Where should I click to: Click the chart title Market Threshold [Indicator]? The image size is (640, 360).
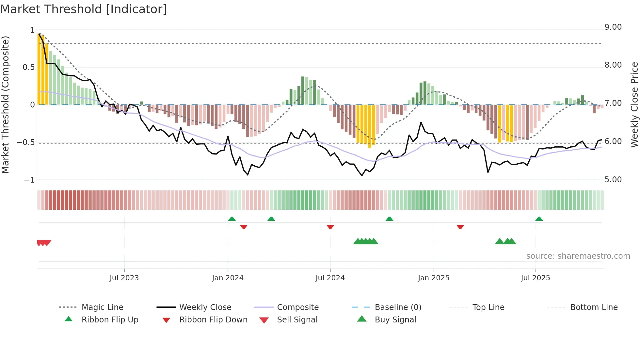(x=84, y=9)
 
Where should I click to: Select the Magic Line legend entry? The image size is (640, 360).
(x=102, y=307)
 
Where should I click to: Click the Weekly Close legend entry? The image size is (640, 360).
(x=205, y=307)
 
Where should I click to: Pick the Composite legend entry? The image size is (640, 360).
(x=297, y=307)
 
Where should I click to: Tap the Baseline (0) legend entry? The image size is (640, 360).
(x=398, y=307)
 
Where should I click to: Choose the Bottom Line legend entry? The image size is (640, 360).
(x=594, y=307)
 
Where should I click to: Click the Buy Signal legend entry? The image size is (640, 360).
(x=395, y=320)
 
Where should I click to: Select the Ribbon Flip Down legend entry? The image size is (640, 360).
(x=213, y=320)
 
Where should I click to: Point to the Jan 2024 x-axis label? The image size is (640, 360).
(x=228, y=278)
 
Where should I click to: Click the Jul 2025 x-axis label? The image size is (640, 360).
(x=535, y=278)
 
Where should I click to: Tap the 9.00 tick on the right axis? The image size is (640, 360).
(x=613, y=27)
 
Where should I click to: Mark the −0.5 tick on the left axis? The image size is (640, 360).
(x=26, y=142)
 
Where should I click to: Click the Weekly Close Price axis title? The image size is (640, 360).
(x=634, y=105)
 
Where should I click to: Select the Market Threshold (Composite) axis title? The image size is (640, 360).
(x=6, y=105)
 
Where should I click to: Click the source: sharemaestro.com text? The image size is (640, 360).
(x=578, y=256)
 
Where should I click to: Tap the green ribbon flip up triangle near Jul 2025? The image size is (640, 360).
(x=539, y=219)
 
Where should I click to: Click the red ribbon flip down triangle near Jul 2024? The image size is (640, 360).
(x=330, y=227)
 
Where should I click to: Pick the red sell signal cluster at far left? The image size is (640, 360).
(x=44, y=243)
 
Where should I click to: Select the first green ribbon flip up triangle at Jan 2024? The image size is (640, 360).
(x=232, y=219)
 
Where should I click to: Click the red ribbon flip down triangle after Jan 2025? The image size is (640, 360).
(x=460, y=227)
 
